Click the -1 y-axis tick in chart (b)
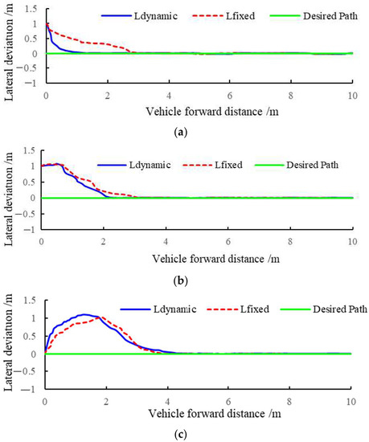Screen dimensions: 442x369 (32, 230)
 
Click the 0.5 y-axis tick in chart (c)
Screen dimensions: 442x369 (32, 336)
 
